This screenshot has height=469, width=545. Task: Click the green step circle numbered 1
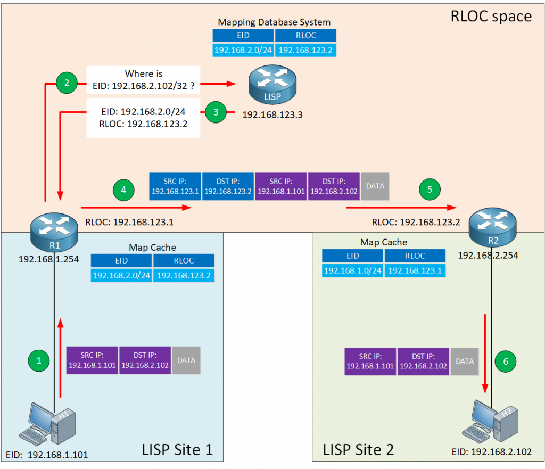(x=38, y=360)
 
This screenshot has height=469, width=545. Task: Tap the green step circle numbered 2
(x=67, y=83)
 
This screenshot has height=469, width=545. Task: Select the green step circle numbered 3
(x=216, y=112)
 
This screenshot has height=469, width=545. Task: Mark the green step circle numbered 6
(x=506, y=361)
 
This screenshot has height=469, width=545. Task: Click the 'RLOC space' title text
(x=491, y=16)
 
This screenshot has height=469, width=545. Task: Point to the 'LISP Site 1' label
(x=177, y=449)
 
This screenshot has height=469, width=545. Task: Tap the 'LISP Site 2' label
(x=358, y=449)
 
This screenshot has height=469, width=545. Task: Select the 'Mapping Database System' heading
(x=274, y=22)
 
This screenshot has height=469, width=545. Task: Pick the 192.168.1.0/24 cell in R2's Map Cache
(x=353, y=270)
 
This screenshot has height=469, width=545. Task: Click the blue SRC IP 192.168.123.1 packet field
(x=175, y=186)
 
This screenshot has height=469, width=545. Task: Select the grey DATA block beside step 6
(x=465, y=361)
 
